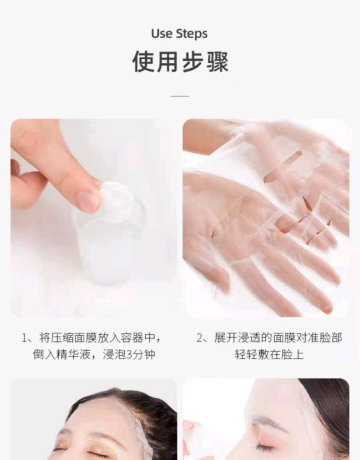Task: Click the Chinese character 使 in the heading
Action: [x=144, y=62]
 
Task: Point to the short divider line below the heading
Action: [x=180, y=96]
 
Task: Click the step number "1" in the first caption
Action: [x=25, y=338]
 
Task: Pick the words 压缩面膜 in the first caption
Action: [x=73, y=338]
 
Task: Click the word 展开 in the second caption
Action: [x=226, y=338]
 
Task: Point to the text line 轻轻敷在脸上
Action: [x=269, y=355]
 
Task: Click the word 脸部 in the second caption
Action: [x=330, y=338]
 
